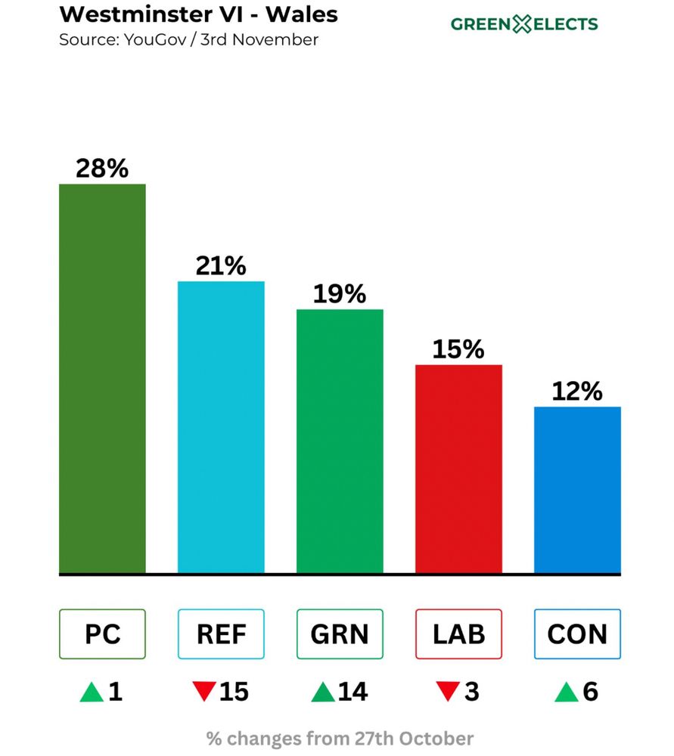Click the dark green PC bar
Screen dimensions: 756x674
click(102, 378)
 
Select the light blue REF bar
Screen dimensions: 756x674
click(221, 427)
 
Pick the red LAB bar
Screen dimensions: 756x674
click(458, 469)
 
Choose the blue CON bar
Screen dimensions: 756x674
click(577, 490)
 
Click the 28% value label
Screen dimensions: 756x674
click(102, 169)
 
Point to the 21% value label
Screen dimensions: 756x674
click(221, 266)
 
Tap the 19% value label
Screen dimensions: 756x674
click(340, 294)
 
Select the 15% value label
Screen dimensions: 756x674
click(458, 349)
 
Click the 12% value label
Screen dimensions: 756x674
click(577, 392)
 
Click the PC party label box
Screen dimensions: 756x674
click(102, 634)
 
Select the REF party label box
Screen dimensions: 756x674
click(221, 634)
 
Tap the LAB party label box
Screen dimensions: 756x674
click(458, 634)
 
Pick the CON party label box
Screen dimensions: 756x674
click(577, 634)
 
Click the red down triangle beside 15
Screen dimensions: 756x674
click(203, 692)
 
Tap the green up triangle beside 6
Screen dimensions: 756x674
click(566, 692)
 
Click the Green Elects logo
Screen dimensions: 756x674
click(524, 24)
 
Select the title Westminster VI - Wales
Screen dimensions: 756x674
click(198, 14)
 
